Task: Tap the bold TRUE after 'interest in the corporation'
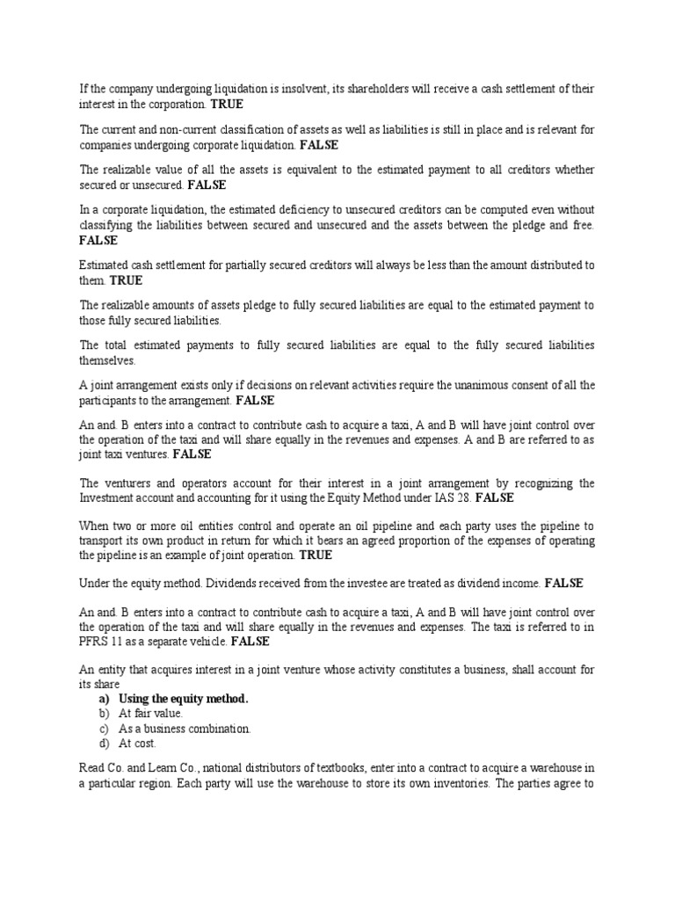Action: pos(227,104)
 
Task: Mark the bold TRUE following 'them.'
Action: pos(126,280)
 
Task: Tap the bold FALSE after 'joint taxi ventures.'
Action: pos(192,454)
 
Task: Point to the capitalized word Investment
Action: pos(107,497)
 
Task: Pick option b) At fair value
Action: pos(150,714)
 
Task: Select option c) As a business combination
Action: pos(185,729)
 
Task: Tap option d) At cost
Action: pos(138,744)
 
